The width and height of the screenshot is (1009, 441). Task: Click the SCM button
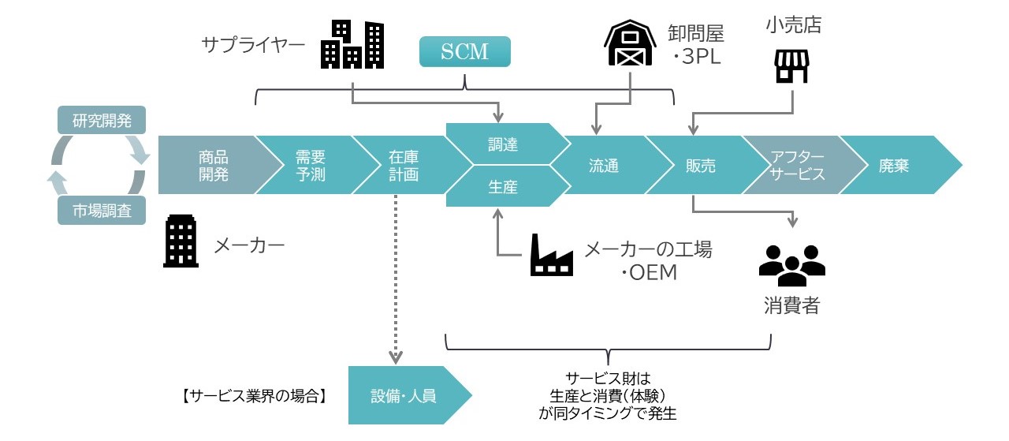[x=464, y=52]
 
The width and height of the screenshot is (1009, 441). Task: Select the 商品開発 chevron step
[x=211, y=165]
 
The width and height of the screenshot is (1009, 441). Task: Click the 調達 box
[x=503, y=144]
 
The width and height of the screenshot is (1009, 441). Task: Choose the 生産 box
[x=503, y=187]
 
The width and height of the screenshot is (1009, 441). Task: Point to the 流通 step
[x=603, y=165]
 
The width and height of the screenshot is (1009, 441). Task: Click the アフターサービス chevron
[x=796, y=165]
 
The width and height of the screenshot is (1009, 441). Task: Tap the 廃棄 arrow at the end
[x=899, y=165]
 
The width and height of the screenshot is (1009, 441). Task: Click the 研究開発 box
[x=102, y=121]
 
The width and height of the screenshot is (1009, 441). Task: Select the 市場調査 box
[x=102, y=211]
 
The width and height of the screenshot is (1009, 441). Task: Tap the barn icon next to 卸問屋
[x=629, y=45]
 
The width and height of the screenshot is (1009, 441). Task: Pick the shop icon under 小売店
[x=791, y=66]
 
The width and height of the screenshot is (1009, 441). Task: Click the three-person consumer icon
[x=791, y=265]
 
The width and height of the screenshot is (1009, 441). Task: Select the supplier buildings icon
[x=352, y=44]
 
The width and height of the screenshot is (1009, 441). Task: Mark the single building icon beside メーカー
[x=181, y=242]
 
